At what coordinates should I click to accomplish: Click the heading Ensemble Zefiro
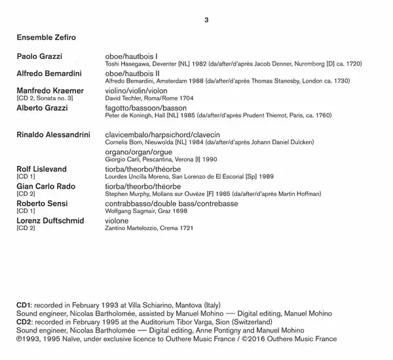click(x=46, y=37)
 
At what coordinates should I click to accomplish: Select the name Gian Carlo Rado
click(x=45, y=186)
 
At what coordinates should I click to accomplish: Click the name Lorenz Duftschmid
click(x=50, y=220)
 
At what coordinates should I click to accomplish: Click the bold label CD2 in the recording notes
click(x=24, y=323)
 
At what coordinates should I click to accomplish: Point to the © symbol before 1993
click(x=19, y=339)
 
